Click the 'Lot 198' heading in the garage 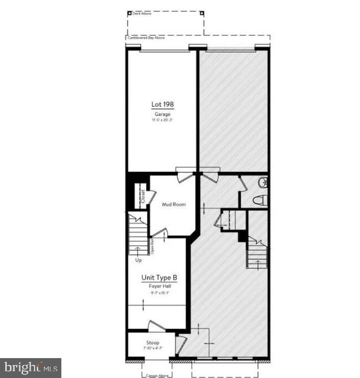(162, 104)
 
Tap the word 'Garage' (162, 114)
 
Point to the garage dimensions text (162, 120)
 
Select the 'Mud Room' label (173, 204)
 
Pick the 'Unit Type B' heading (160, 277)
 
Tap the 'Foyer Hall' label (160, 286)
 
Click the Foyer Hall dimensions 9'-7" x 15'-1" (160, 293)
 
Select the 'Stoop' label (153, 343)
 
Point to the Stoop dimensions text (153, 349)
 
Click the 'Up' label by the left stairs (138, 259)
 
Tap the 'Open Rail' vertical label (152, 245)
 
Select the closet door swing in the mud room (152, 196)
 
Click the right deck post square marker (202, 12)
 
